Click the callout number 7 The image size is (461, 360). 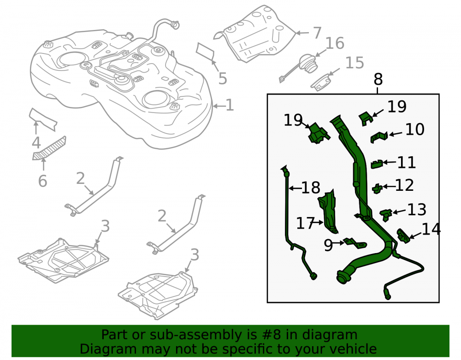[317, 33]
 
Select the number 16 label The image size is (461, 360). [335, 43]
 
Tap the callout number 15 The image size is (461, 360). [355, 63]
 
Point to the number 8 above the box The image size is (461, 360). [378, 79]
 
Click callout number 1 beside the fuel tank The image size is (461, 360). [230, 105]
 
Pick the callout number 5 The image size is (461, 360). [223, 78]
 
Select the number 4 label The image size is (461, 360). [36, 143]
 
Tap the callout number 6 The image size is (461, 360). [42, 181]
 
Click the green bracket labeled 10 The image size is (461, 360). [379, 137]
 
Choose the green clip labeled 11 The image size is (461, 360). [377, 164]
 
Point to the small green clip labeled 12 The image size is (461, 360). [377, 189]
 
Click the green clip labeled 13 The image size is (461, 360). [386, 215]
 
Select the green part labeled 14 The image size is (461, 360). [403, 236]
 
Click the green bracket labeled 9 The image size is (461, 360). [355, 243]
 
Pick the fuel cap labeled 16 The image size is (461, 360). [308, 64]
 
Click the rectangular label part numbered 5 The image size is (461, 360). [205, 51]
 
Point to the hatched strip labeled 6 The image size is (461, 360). [49, 148]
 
